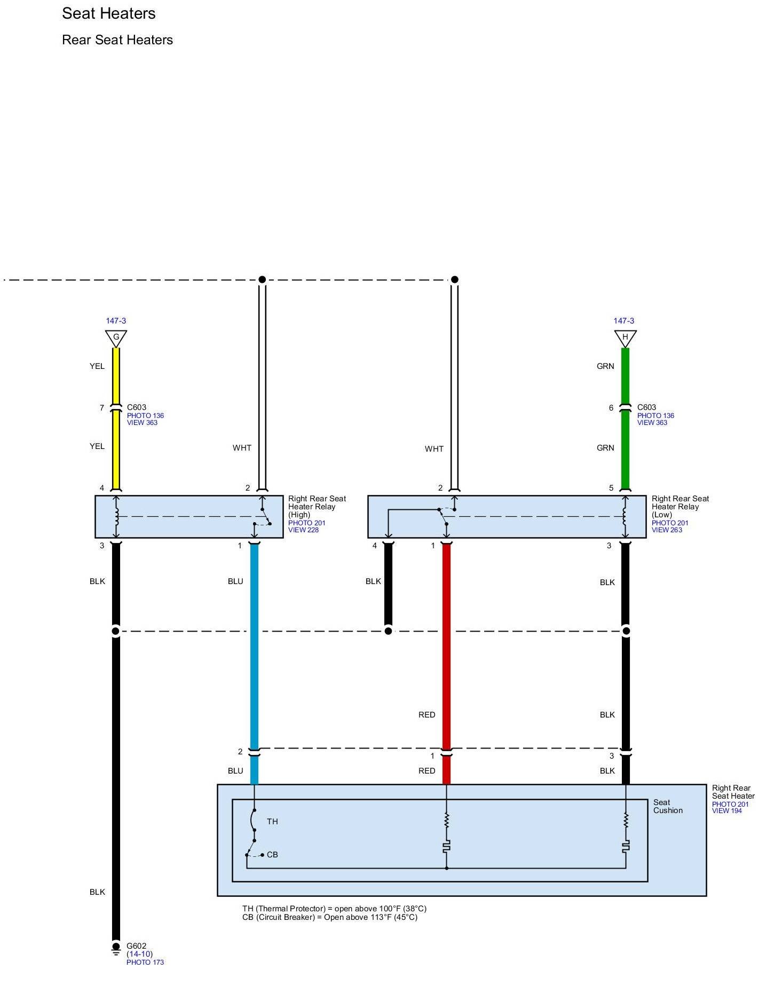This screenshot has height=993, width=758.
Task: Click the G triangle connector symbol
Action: [116, 338]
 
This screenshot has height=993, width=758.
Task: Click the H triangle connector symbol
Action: [625, 338]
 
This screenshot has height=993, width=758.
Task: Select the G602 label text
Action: [136, 946]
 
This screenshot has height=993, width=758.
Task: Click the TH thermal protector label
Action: [272, 822]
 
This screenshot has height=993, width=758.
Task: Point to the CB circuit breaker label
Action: [272, 855]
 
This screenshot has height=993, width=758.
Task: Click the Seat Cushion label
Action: [668, 806]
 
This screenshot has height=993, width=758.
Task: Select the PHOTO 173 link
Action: [145, 962]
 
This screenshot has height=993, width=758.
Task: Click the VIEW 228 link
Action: [303, 530]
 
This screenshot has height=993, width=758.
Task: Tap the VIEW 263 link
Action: [667, 530]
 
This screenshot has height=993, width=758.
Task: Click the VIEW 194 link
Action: [727, 811]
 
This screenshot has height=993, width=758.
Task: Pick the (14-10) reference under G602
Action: [139, 954]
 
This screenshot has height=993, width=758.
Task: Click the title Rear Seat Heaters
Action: [117, 40]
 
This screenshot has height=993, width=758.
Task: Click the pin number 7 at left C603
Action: [102, 408]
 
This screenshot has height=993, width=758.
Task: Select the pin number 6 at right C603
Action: [611, 408]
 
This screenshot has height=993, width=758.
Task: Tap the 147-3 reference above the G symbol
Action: [116, 321]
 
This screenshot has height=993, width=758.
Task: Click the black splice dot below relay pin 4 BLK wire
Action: [389, 631]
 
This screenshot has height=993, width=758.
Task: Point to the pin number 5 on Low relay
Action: [611, 488]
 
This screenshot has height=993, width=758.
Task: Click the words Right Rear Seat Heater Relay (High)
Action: [317, 507]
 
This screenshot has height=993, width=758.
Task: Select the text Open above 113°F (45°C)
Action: [370, 917]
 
